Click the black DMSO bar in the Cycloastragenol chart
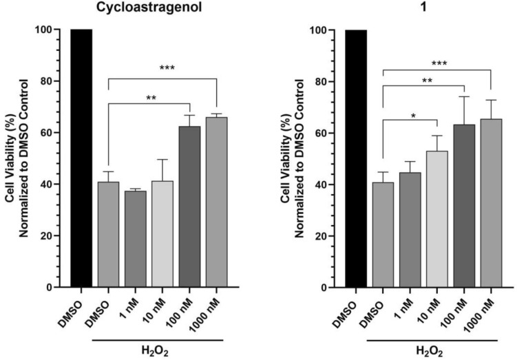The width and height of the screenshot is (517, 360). (81, 158)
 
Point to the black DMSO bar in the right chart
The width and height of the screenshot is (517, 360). (355, 158)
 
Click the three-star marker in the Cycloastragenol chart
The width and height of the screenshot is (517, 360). (167, 68)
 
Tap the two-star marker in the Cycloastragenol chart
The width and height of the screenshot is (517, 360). (151, 98)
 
